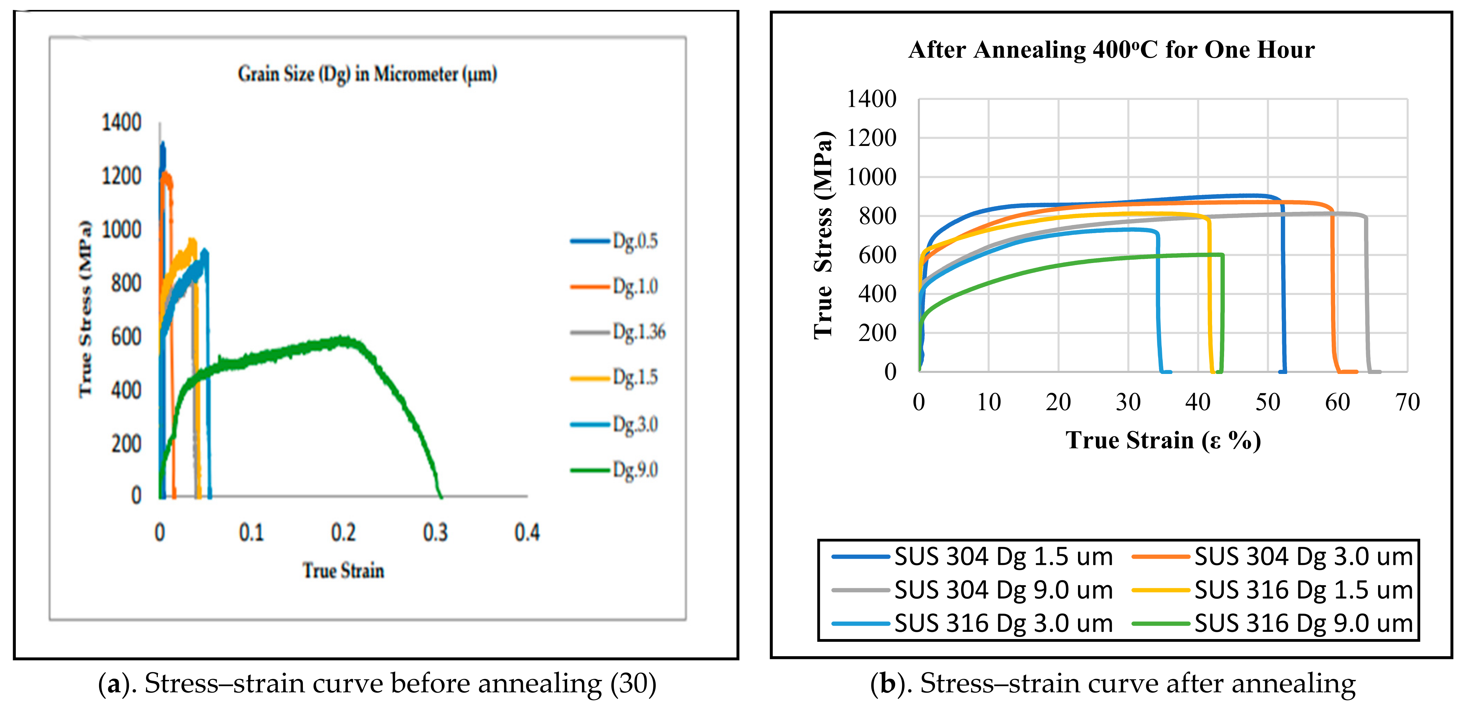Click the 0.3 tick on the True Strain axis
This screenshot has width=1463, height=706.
pos(435,532)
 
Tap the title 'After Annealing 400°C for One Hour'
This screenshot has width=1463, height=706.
pos(1111,50)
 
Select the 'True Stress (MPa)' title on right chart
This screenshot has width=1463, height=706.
pos(823,236)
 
